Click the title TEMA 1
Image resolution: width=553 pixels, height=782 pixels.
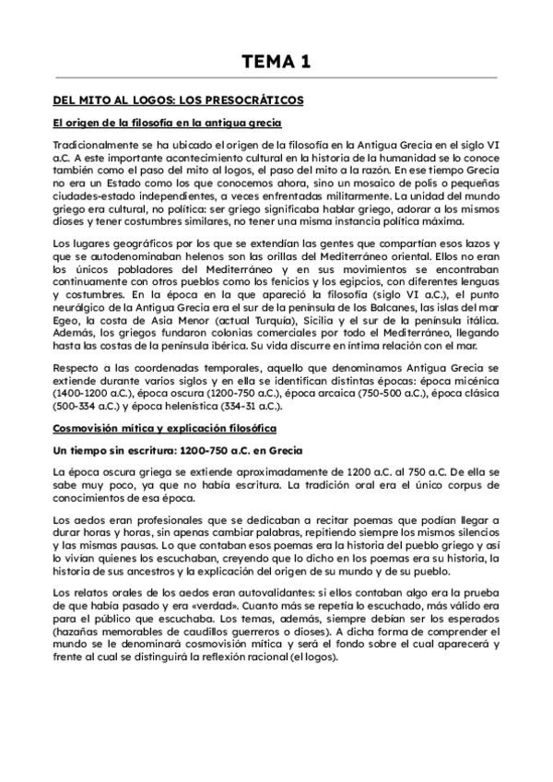click(276, 62)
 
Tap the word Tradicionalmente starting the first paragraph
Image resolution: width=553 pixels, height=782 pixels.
click(95, 146)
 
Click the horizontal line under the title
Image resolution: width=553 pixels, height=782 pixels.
click(276, 77)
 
